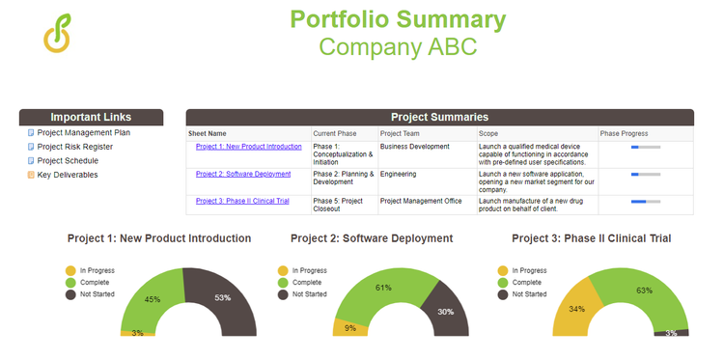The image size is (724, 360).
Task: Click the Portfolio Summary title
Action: pos(397,19)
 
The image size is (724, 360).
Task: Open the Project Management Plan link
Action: pos(83,133)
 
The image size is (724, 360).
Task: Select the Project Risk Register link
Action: pos(74,147)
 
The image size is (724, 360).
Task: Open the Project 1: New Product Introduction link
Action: pos(248,147)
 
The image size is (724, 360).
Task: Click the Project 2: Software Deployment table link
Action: pos(242,175)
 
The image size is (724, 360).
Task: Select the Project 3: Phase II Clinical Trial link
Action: pos(242,201)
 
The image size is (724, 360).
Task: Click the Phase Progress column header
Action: pos(623,133)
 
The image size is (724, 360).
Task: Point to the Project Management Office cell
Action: pos(424,201)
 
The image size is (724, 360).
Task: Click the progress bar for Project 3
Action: pos(645,202)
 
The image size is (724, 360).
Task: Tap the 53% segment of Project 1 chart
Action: pos(224,298)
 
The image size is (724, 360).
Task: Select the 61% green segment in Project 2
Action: pos(384,288)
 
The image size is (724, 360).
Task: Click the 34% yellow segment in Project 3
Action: pos(575,309)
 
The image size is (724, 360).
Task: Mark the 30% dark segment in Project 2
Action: pos(445,312)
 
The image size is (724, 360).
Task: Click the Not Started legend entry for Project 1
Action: pos(95,294)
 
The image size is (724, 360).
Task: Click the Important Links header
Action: pos(91,117)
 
